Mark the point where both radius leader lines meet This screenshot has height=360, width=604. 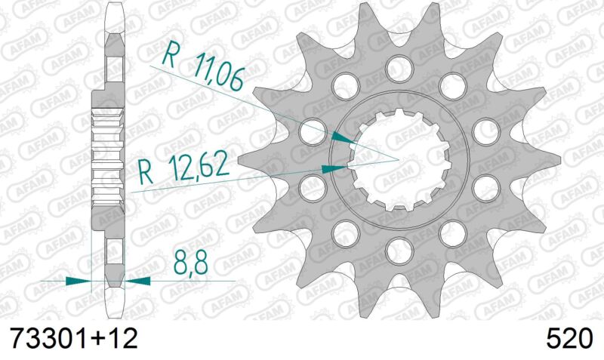[397, 158]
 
